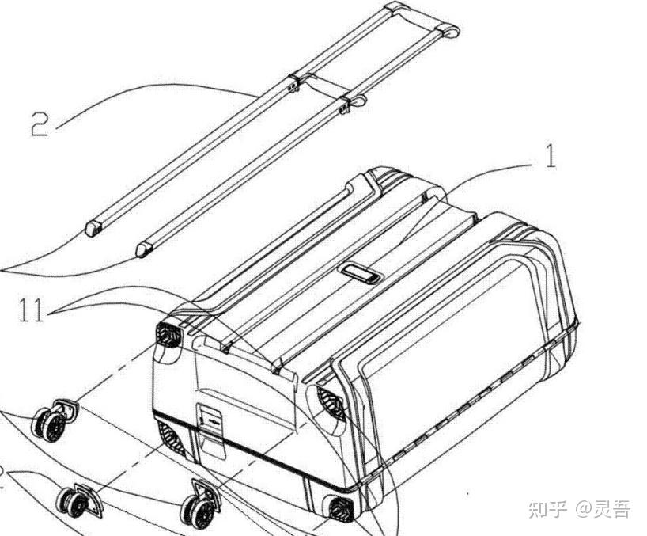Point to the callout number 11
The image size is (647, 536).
31,311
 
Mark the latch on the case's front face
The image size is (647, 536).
208,418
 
